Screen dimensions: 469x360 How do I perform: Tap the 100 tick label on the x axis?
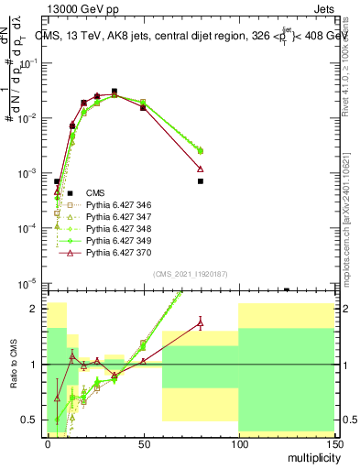[x=238, y=442]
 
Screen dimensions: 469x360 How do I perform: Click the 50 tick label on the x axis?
[x=143, y=442]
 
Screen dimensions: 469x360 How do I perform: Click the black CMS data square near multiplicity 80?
[x=201, y=181]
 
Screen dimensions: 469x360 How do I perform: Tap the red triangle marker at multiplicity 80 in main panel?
[x=201, y=169]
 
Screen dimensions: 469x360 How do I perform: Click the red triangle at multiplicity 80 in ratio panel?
[x=201, y=322]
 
